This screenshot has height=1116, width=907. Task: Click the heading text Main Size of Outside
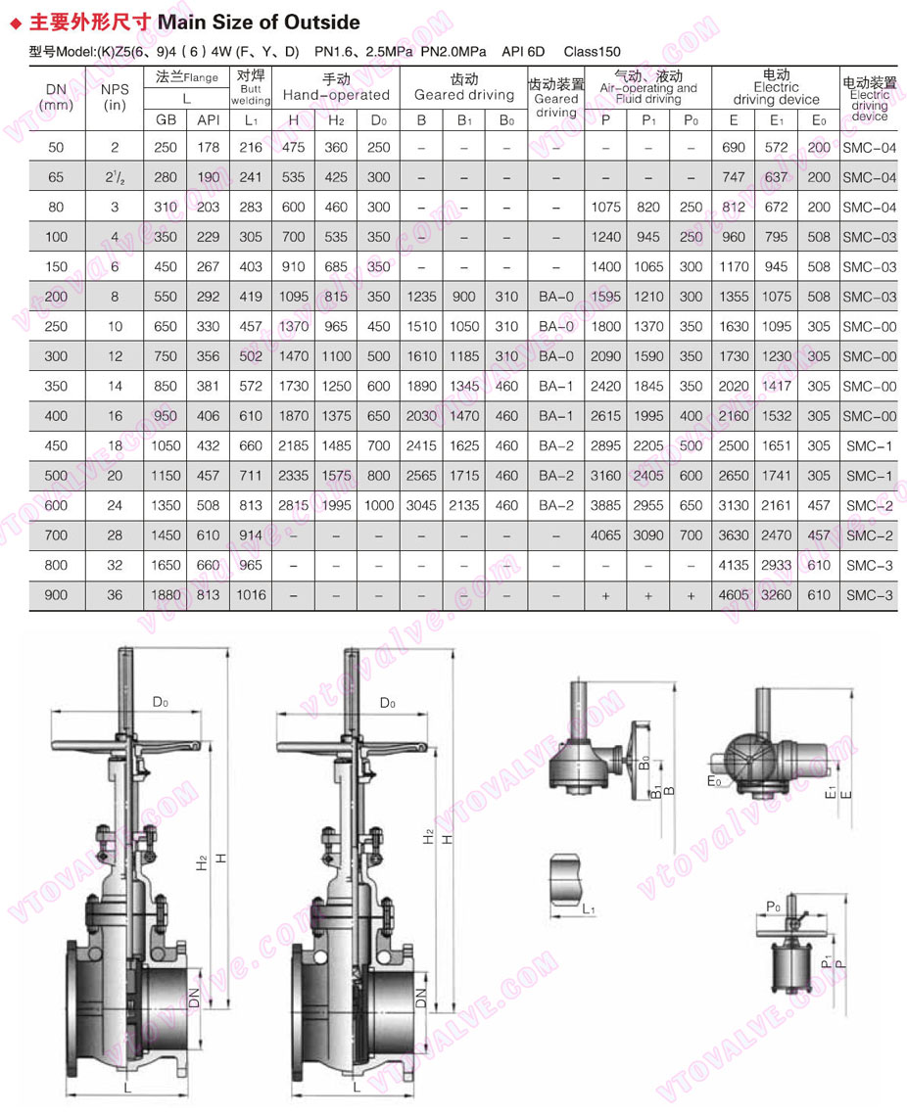pyautogui.click(x=259, y=22)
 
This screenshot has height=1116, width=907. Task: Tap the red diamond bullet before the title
pyautogui.click(x=15, y=23)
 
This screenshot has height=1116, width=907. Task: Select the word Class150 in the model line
pyautogui.click(x=592, y=51)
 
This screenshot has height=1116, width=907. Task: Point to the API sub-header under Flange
pyautogui.click(x=208, y=119)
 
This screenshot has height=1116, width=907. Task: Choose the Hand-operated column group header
pyautogui.click(x=336, y=88)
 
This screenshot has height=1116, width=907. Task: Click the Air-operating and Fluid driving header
pyautogui.click(x=647, y=88)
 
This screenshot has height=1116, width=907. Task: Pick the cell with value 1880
pyautogui.click(x=165, y=594)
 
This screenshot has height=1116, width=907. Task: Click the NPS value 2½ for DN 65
pyautogui.click(x=115, y=177)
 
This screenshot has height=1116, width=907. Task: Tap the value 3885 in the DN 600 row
pyautogui.click(x=605, y=505)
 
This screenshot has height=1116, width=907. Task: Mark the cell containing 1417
pyautogui.click(x=776, y=386)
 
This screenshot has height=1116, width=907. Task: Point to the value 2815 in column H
pyautogui.click(x=293, y=505)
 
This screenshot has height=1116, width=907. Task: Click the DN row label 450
pyautogui.click(x=57, y=445)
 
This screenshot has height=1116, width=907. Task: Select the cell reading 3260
pyautogui.click(x=776, y=594)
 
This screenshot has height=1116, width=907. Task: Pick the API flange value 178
pyautogui.click(x=208, y=148)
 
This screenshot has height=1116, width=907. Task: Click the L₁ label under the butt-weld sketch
pyautogui.click(x=589, y=909)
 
